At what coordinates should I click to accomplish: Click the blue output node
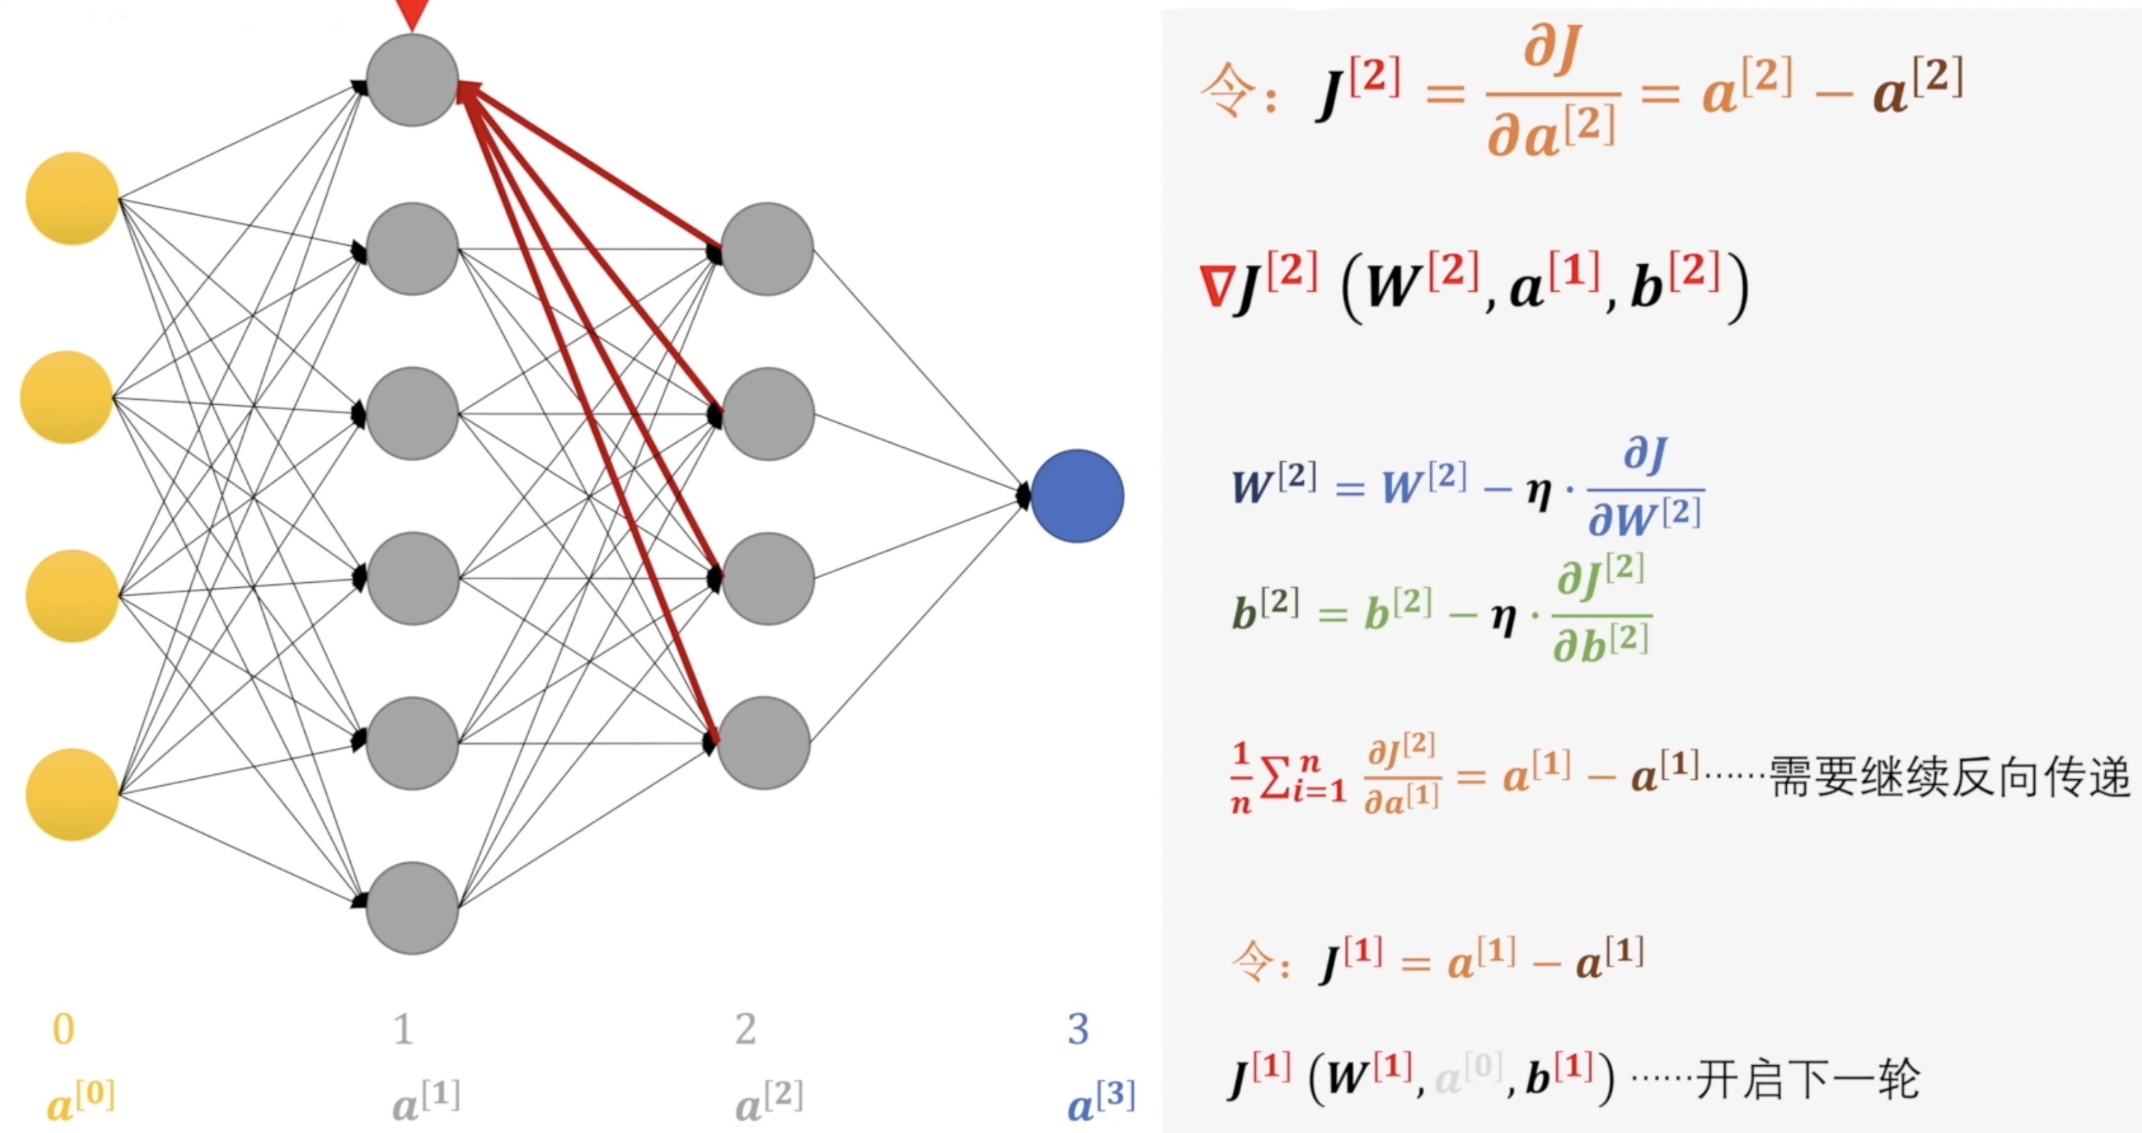coord(1077,496)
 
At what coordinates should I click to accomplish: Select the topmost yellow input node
coord(72,198)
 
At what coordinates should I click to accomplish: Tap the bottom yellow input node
coord(72,795)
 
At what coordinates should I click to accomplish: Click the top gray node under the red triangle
coord(412,80)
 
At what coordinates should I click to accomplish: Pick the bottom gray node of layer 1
coord(412,908)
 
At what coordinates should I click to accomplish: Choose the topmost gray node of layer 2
coord(767,249)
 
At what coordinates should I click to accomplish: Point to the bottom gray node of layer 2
coord(763,743)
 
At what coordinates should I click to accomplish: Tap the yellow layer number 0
coord(64,1029)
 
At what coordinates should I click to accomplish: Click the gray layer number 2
coord(746,1029)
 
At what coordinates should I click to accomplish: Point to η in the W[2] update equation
coord(1539,492)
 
